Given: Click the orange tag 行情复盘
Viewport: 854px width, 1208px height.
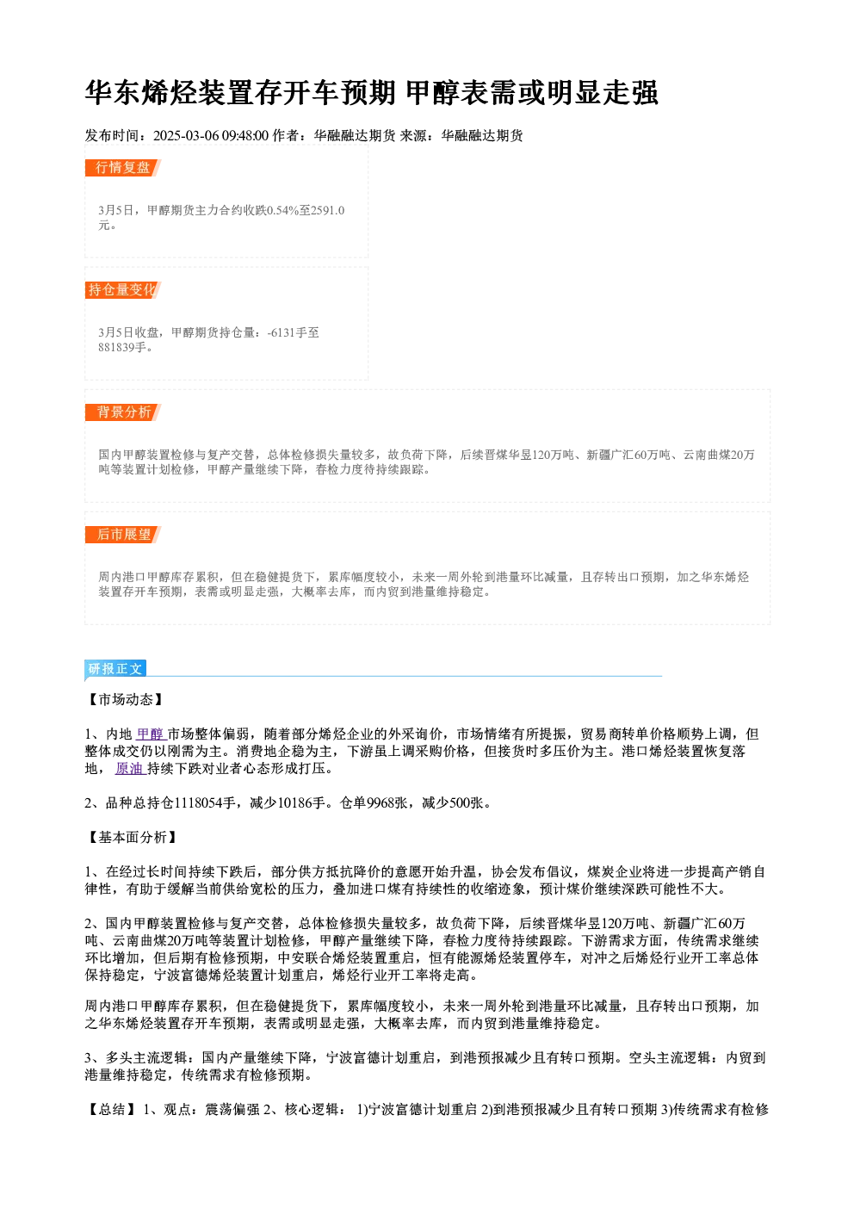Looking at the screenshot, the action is pyautogui.click(x=123, y=168).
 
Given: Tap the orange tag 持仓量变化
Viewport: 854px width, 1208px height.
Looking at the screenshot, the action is pyautogui.click(x=123, y=290).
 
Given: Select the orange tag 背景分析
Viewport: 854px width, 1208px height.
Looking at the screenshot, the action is pyautogui.click(x=123, y=412).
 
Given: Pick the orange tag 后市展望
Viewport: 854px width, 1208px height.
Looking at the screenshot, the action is pyautogui.click(x=123, y=535).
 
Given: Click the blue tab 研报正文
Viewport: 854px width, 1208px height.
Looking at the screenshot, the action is pyautogui.click(x=115, y=669).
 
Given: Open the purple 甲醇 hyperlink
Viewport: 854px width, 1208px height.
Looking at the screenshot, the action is pyautogui.click(x=151, y=734).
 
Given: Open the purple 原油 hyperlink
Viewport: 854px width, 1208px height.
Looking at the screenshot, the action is pyautogui.click(x=130, y=769).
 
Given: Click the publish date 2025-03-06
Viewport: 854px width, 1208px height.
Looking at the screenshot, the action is pyautogui.click(x=186, y=136).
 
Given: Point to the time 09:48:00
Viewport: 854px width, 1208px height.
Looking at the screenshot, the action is pyautogui.click(x=245, y=136).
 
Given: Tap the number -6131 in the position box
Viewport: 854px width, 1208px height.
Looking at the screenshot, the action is pyautogui.click(x=281, y=332).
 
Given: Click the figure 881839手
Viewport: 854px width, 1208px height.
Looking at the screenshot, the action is pyautogui.click(x=122, y=347).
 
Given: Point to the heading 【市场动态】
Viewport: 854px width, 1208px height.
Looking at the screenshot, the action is pyautogui.click(x=126, y=699).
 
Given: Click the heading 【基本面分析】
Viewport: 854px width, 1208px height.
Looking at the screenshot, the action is pyautogui.click(x=133, y=837).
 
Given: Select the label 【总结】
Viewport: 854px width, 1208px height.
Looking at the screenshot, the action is pyautogui.click(x=112, y=1109).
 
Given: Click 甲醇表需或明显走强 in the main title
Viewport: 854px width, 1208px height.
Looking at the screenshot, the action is pyautogui.click(x=531, y=93).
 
